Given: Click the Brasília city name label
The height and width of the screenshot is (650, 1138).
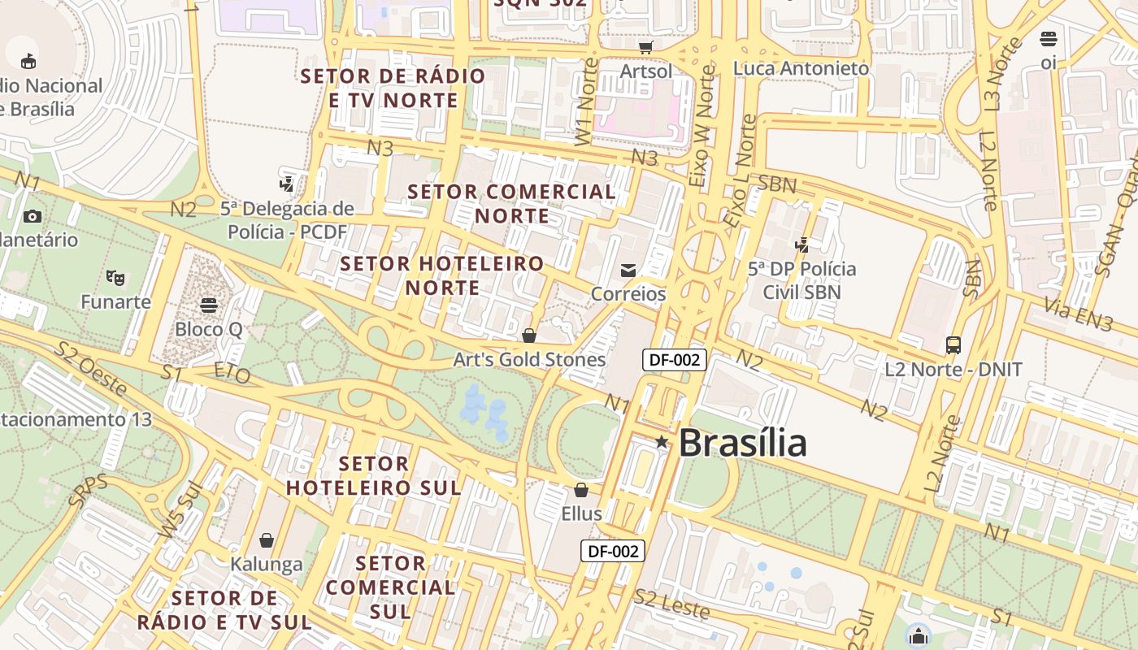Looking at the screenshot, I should pyautogui.click(x=742, y=443).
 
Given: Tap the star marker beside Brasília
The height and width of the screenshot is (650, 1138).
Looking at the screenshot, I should pyautogui.click(x=662, y=442).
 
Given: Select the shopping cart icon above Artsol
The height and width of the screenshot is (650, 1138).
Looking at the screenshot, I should pyautogui.click(x=646, y=47).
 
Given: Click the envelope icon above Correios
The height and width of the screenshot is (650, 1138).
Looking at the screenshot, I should pyautogui.click(x=628, y=271).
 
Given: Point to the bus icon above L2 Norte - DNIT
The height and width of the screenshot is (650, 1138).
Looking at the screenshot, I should pyautogui.click(x=953, y=345).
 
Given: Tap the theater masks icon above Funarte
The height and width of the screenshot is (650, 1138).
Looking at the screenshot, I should pyautogui.click(x=115, y=278).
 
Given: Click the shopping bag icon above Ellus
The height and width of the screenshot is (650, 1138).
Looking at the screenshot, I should pyautogui.click(x=581, y=490).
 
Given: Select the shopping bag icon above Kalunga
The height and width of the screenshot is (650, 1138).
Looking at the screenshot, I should pyautogui.click(x=267, y=540).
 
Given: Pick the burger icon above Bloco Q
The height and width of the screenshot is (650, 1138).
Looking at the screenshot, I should pyautogui.click(x=209, y=305).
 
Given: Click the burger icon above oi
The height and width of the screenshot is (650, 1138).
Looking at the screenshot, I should pyautogui.click(x=1049, y=39).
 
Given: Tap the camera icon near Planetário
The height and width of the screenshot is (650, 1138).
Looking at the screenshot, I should pyautogui.click(x=33, y=216).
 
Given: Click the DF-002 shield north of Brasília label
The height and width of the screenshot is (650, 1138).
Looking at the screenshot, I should pyautogui.click(x=674, y=359).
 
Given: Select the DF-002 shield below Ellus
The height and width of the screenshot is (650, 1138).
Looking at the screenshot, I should pyautogui.click(x=613, y=551).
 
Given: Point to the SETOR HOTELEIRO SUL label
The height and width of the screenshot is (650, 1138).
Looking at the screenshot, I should pyautogui.click(x=374, y=475).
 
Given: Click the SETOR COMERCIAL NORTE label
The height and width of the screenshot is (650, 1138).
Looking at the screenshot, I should pyautogui.click(x=512, y=203).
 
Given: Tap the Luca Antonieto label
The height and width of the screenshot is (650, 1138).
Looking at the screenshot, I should pyautogui.click(x=801, y=68).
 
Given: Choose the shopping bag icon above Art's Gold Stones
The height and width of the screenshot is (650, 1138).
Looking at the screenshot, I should pyautogui.click(x=529, y=336).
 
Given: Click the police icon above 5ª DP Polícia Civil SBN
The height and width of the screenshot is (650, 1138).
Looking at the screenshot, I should pyautogui.click(x=802, y=245).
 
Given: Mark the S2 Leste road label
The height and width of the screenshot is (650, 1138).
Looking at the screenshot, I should pyautogui.click(x=672, y=604).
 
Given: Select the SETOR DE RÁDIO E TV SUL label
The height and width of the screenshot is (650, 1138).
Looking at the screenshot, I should pyautogui.click(x=224, y=610).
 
